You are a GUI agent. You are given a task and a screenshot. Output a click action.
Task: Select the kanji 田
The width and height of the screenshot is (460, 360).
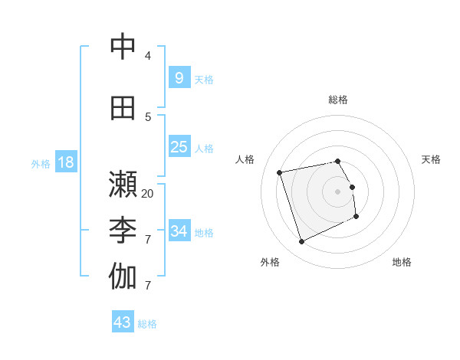coord(123,108)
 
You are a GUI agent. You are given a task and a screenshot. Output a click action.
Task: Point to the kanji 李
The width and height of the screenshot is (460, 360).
coord(123,230)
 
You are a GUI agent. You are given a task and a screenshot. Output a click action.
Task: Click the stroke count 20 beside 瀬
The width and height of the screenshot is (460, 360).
coord(148,194)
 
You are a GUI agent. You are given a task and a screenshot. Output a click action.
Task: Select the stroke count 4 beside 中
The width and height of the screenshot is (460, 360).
coord(148,56)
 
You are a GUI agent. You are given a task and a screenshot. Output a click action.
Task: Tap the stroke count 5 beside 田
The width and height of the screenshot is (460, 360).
coord(148,117)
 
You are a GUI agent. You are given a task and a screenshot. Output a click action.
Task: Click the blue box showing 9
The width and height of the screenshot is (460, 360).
coord(179,77)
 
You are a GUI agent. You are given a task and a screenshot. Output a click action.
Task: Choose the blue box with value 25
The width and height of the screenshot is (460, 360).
coord(179,147)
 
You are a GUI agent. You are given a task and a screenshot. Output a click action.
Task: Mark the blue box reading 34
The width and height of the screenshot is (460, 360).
coord(179,231)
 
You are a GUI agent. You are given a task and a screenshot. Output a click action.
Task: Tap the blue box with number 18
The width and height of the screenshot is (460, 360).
coord(65,162)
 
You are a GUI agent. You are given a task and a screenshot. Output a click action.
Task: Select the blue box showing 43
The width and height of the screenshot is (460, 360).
coord(122,322)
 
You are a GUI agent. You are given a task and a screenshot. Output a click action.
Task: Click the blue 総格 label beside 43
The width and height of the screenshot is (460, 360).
coord(147,324)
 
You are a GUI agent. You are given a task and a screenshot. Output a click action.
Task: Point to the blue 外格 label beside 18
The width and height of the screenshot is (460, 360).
coord(40,164)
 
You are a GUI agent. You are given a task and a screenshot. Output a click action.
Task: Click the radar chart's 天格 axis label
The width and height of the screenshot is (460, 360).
coord(431,159)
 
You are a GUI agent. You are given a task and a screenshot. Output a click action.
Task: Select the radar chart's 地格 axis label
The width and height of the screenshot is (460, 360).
coord(402,262)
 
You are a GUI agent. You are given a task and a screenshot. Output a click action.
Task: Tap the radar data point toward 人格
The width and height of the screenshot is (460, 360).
coord(280,172)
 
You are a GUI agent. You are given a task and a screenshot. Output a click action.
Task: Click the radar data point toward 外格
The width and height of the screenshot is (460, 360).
coord(301,242)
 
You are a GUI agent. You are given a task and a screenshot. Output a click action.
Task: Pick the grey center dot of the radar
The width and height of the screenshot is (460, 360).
coord(337,191)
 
